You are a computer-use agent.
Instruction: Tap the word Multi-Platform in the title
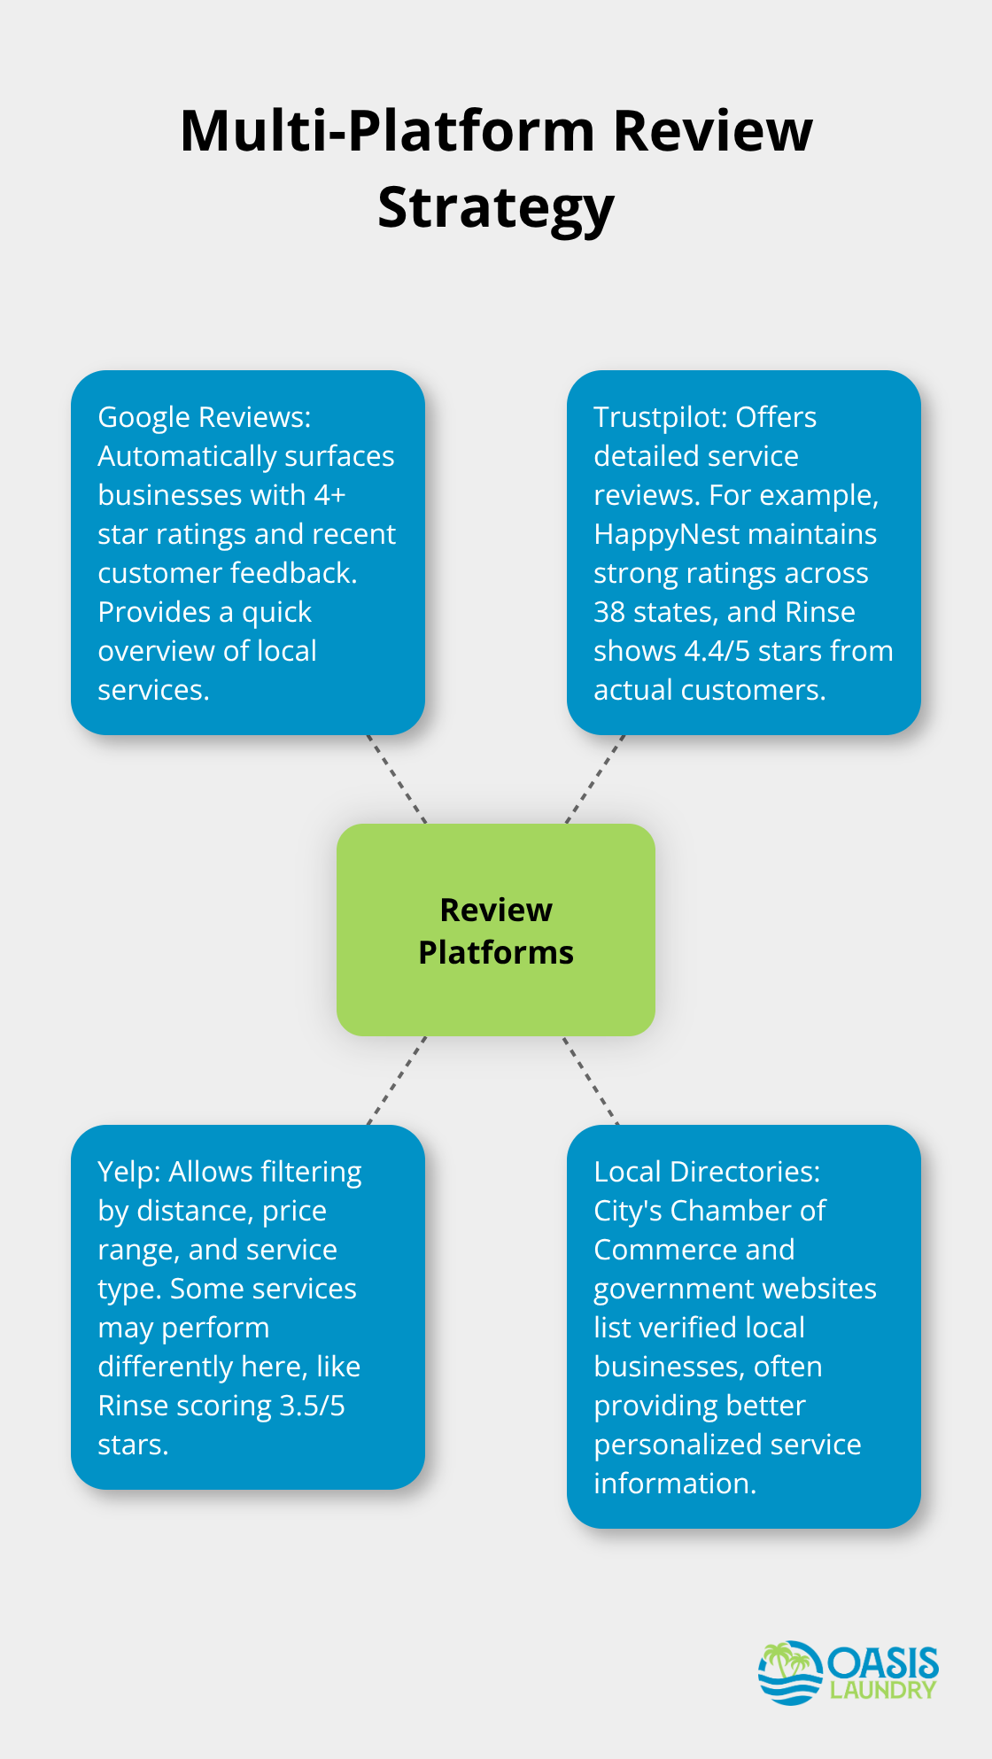point(387,132)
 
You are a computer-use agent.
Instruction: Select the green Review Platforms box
point(496,930)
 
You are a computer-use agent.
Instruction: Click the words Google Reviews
point(204,417)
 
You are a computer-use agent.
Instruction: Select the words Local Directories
point(706,1172)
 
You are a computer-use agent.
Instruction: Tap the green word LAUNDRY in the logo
point(882,1690)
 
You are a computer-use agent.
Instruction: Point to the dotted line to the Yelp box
point(397,1081)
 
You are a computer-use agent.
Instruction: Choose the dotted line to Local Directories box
point(591,1081)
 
